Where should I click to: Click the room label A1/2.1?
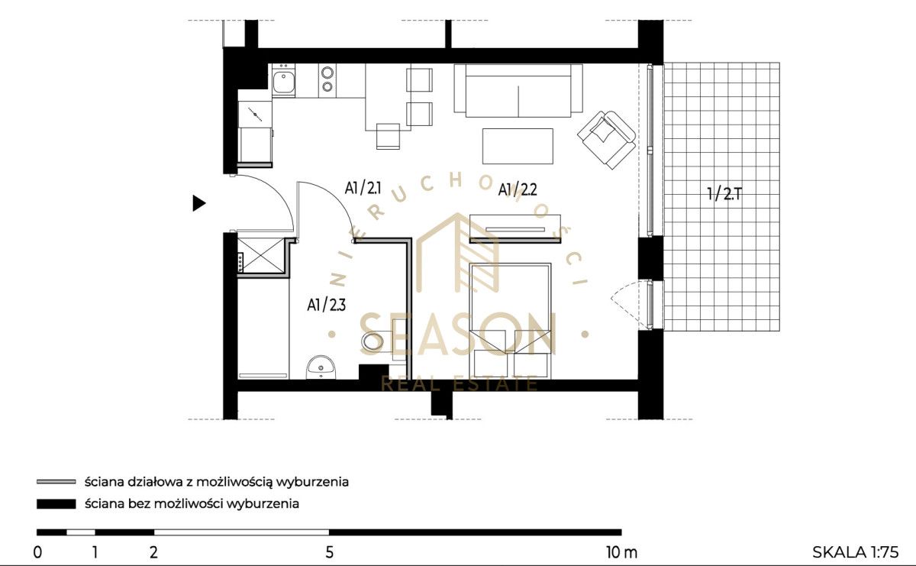pos(363,188)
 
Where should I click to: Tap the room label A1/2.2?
pos(518,189)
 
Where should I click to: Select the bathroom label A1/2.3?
pos(327,305)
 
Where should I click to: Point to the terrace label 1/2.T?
pos(724,193)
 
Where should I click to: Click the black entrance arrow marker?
pos(198,203)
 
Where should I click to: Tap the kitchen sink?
pos(283,82)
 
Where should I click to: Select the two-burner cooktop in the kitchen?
pos(327,79)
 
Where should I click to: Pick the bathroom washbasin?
pos(321,367)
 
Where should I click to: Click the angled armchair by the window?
pos(606,139)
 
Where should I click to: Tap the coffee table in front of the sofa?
pos(518,146)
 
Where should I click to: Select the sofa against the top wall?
pos(518,90)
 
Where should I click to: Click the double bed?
pos(511,321)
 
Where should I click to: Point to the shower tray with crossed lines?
pos(261,255)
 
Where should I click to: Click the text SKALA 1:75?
pos(856,552)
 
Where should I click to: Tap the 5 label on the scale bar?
pos(329,552)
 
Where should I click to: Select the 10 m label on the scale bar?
pos(621,552)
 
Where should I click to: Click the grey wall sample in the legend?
pos(56,482)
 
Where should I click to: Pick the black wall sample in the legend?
pos(56,504)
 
